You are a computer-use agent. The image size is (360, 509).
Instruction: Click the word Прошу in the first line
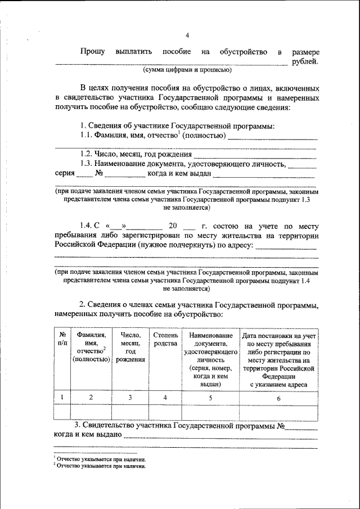tap(92, 52)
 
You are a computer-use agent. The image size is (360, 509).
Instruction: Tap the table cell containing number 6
tap(278, 398)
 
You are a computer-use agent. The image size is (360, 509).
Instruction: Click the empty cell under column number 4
tap(165, 412)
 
